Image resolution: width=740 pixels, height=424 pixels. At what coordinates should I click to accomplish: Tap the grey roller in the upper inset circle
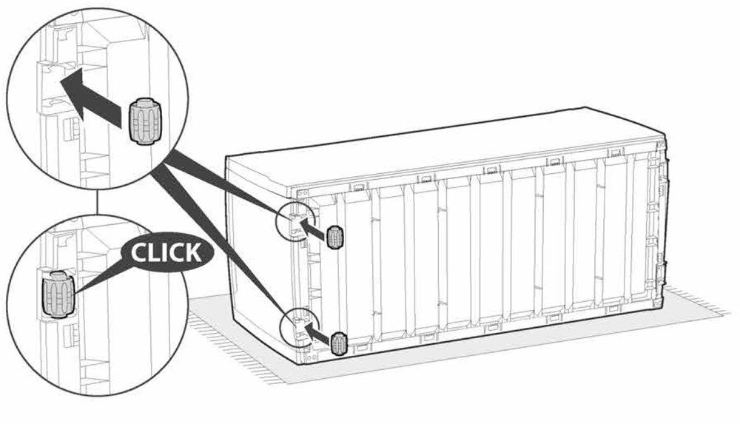[x=144, y=121]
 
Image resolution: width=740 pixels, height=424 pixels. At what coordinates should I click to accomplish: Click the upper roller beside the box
[x=335, y=237]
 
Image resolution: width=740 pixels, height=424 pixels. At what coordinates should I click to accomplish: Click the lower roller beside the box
[x=339, y=343]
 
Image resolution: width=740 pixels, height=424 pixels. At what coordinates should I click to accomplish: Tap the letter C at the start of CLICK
[x=138, y=252]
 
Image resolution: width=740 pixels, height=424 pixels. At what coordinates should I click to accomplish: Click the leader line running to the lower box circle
[x=222, y=244]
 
